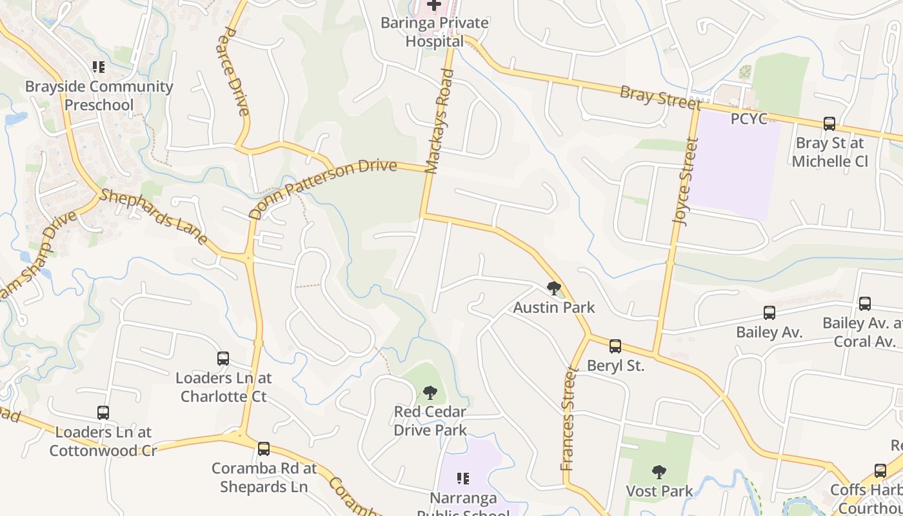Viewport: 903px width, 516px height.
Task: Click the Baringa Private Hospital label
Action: (x=434, y=32)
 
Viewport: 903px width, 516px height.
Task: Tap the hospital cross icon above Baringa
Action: (x=434, y=5)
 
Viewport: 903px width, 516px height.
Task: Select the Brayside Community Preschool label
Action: (x=99, y=95)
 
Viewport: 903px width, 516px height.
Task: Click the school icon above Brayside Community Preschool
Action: (x=99, y=66)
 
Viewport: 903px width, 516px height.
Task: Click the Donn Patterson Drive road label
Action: (x=322, y=189)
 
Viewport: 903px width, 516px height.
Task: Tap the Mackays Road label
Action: (x=441, y=121)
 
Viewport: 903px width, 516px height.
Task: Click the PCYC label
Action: (x=748, y=119)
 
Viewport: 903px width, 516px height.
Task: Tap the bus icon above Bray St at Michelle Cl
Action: (x=829, y=123)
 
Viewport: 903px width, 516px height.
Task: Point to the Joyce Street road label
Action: (x=686, y=181)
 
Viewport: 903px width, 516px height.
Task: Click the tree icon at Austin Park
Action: (x=553, y=288)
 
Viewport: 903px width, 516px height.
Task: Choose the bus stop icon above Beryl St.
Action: (x=615, y=346)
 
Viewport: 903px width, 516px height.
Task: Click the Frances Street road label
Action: (x=568, y=418)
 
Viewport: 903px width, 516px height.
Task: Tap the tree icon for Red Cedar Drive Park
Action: (x=430, y=392)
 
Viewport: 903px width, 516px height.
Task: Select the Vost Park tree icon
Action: (x=659, y=472)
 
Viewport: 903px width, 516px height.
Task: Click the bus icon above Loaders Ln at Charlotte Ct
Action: (x=223, y=359)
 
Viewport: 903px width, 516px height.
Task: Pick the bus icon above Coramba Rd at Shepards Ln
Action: (x=263, y=449)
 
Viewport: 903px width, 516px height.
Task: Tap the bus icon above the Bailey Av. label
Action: (x=769, y=313)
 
